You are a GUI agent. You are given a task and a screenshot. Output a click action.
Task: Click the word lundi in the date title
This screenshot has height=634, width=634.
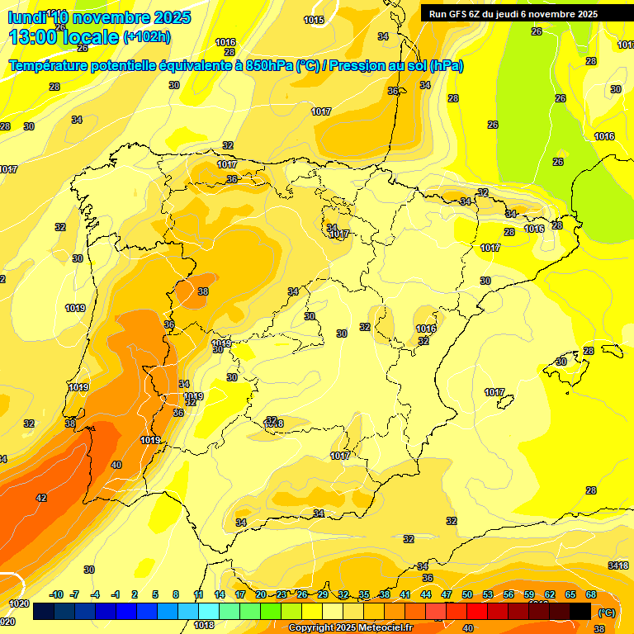(26, 17)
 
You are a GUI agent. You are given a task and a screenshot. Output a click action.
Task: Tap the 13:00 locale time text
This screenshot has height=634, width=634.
(63, 36)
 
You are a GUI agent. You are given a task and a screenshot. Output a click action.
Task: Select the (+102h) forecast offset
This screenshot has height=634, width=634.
(146, 36)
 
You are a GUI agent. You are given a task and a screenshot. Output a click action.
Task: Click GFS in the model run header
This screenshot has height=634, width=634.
(457, 14)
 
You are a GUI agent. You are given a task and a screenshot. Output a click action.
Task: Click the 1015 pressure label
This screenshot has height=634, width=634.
(314, 20)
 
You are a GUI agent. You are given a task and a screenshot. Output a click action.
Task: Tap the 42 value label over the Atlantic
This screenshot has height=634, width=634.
(41, 498)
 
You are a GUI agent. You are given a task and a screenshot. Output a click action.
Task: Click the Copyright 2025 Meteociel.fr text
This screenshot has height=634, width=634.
(350, 628)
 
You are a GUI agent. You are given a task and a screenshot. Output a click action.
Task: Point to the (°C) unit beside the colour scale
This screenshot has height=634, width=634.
(607, 612)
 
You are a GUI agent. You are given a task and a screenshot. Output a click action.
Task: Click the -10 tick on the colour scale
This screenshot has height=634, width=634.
(57, 594)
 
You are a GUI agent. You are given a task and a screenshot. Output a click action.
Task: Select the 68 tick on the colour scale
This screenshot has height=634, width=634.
(591, 594)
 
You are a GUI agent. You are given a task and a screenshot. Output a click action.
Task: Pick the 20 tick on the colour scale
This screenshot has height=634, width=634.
(260, 594)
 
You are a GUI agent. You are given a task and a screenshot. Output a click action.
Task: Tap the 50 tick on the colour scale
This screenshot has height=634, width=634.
(467, 594)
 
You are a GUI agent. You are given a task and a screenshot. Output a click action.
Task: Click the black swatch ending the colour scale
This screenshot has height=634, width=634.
(580, 611)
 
